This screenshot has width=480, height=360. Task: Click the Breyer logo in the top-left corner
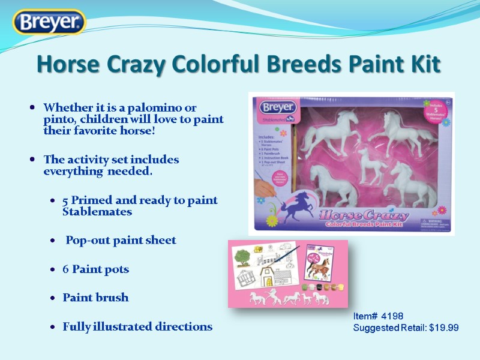(50, 23)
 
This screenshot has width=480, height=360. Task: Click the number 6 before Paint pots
(65, 269)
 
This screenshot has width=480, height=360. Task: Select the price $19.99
(444, 328)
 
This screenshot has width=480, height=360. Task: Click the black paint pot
(315, 287)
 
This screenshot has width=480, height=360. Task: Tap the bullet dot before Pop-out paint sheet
(55, 241)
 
